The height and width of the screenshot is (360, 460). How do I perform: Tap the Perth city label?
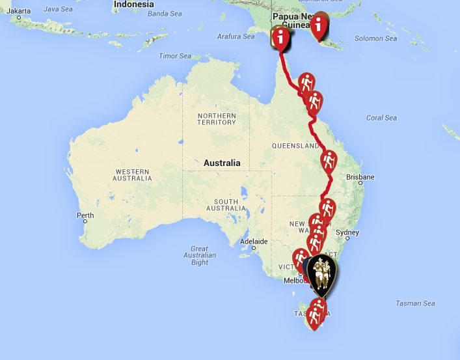click(x=86, y=215)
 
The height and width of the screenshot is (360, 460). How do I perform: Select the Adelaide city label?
click(x=254, y=242)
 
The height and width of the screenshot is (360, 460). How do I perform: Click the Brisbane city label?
click(x=360, y=177)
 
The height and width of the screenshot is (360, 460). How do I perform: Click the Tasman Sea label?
click(x=415, y=303)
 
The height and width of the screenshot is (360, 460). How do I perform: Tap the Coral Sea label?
click(x=381, y=118)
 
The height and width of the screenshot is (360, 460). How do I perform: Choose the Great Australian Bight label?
click(x=200, y=255)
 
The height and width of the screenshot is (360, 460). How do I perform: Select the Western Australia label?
click(x=133, y=174)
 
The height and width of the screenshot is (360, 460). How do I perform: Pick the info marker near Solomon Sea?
click(x=319, y=25)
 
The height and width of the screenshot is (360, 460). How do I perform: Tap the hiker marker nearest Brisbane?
click(x=329, y=159)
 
